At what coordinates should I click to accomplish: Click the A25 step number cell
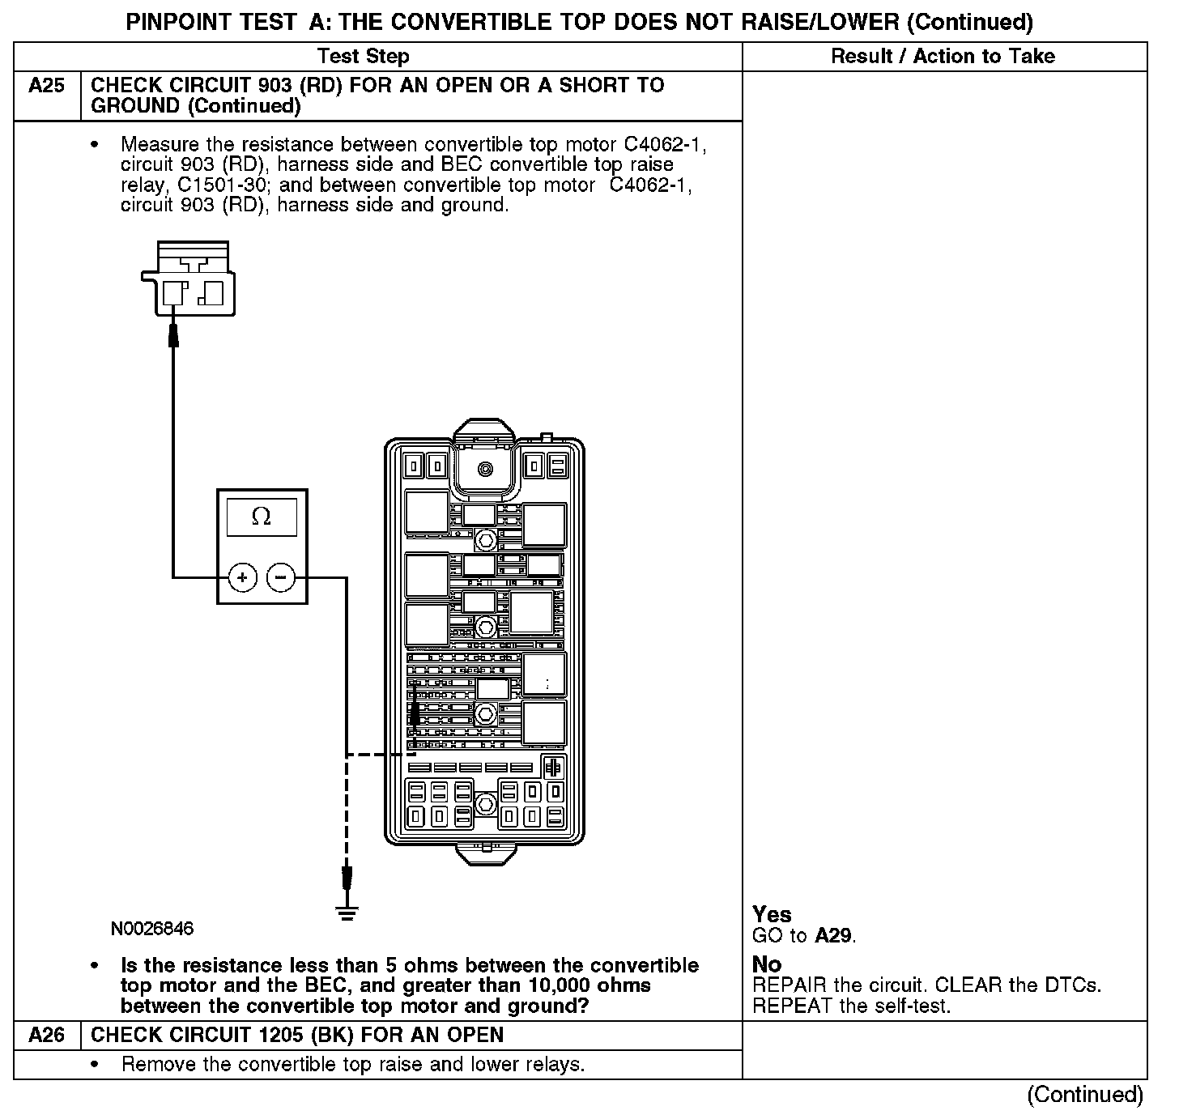point(46,86)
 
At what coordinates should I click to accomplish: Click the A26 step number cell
point(46,1035)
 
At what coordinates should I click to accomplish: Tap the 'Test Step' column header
point(363,56)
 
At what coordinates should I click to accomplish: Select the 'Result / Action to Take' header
point(943,56)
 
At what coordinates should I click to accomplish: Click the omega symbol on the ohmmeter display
point(261,517)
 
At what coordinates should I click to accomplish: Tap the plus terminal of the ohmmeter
point(242,577)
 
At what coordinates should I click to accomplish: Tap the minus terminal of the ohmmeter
point(280,577)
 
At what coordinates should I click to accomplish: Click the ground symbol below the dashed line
point(347,914)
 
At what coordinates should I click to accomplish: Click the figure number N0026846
point(152,928)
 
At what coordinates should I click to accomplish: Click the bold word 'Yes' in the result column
point(772,914)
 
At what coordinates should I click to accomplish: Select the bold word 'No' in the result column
point(766,964)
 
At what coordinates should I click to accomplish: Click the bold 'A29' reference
point(834,936)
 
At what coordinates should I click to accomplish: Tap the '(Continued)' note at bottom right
point(1084,1095)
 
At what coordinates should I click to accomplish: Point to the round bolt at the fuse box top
point(485,469)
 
